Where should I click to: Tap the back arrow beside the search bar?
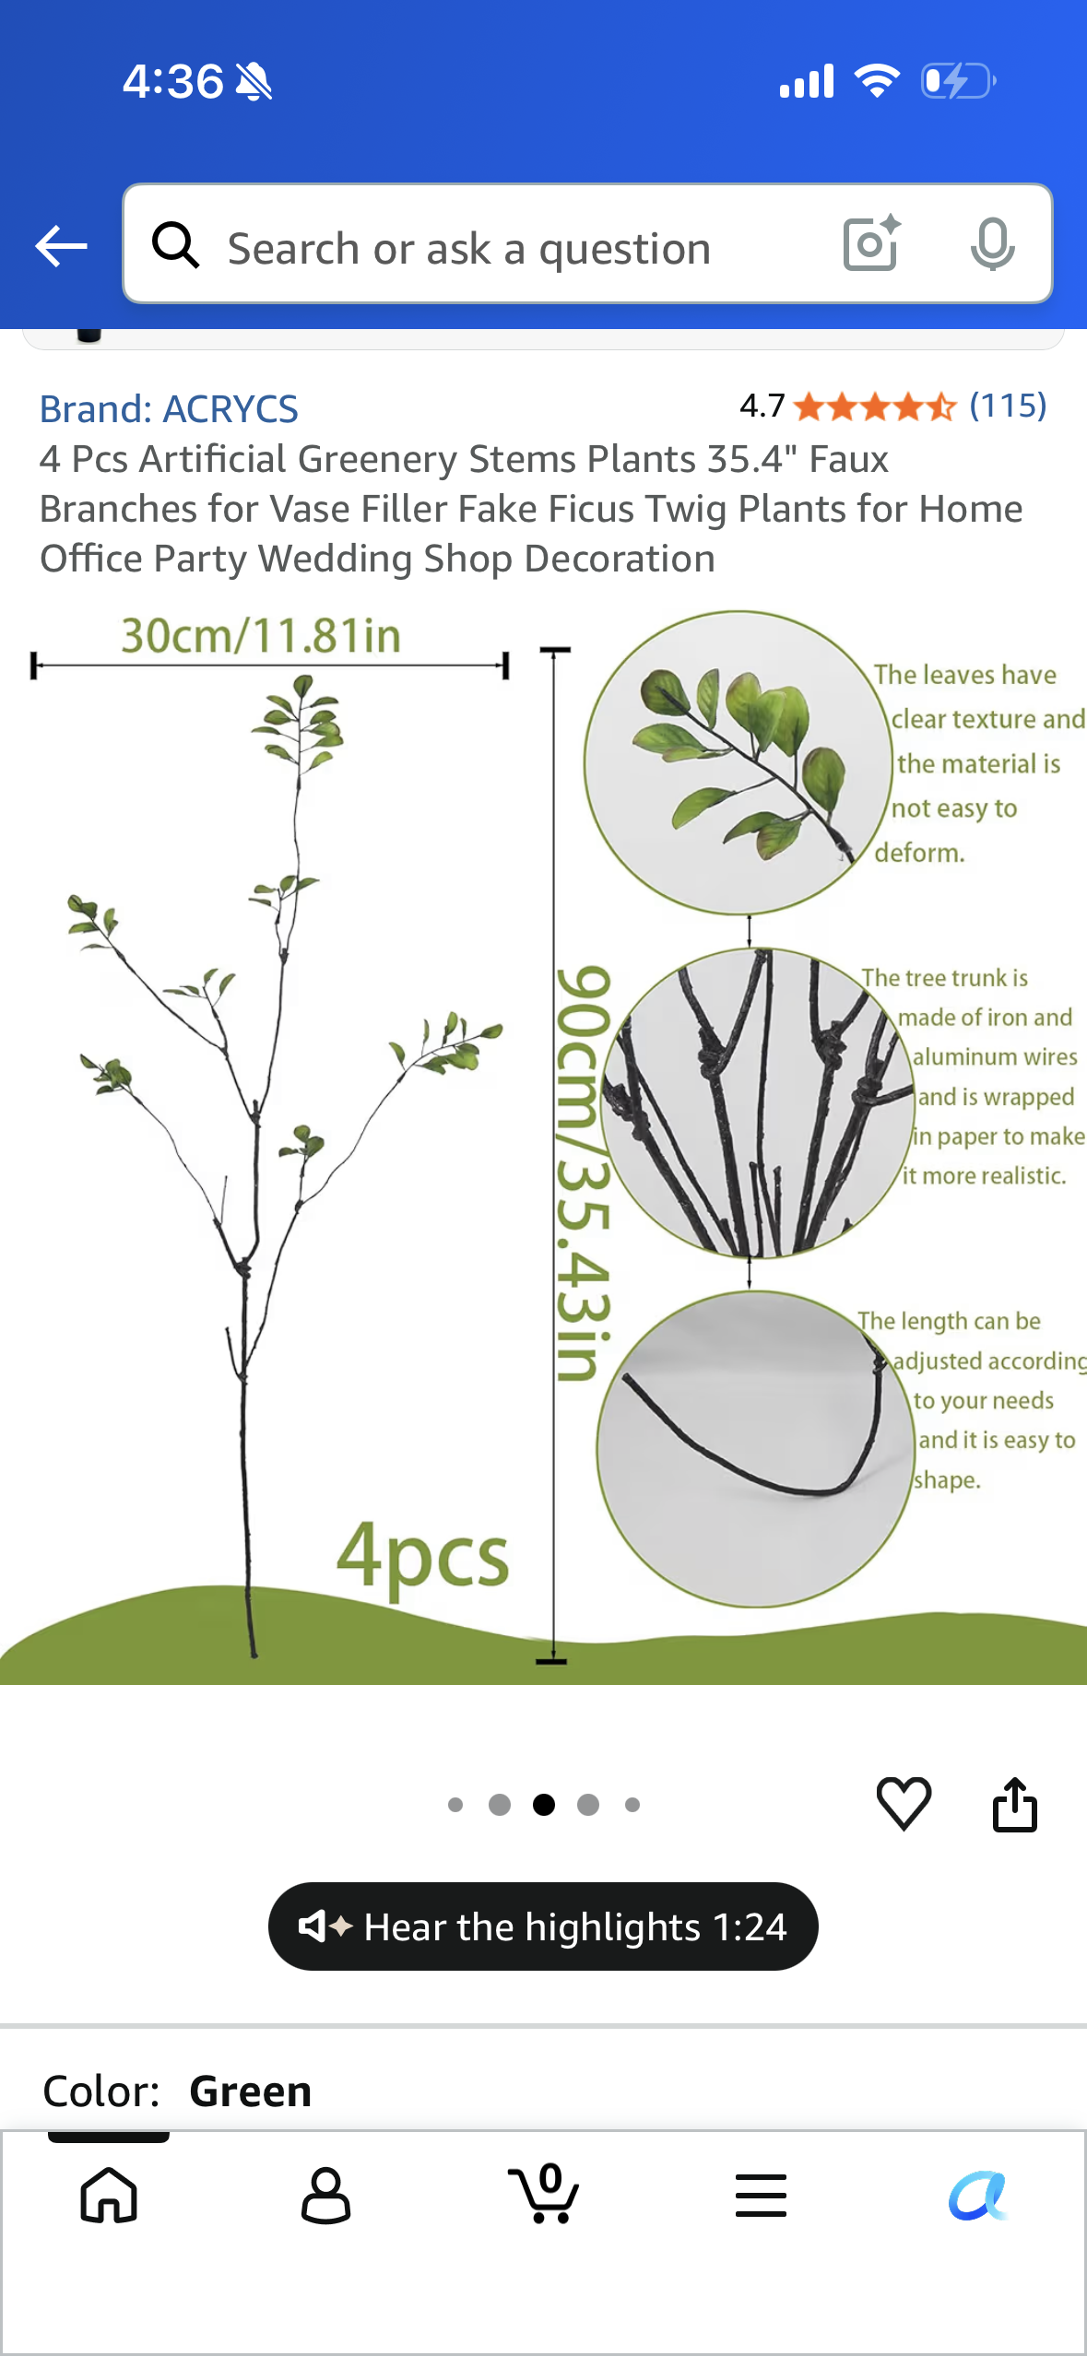(x=61, y=246)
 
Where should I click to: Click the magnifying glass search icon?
(x=175, y=245)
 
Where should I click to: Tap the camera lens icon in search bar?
(x=871, y=243)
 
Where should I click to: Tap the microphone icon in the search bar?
(x=992, y=244)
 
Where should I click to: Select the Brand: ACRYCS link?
(x=169, y=408)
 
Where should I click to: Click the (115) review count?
(x=1008, y=406)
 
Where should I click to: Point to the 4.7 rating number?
(x=762, y=406)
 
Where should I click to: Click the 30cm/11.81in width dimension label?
(x=261, y=636)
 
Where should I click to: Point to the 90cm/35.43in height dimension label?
(x=583, y=1172)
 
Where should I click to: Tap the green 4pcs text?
(x=422, y=1556)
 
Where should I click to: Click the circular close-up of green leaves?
(x=738, y=762)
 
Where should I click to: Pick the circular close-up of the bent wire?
(x=755, y=1449)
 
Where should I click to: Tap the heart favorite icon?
(x=904, y=1803)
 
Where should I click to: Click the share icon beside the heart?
(x=1015, y=1804)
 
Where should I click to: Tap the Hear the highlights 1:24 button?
(x=543, y=1926)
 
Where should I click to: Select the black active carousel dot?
(x=544, y=1805)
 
